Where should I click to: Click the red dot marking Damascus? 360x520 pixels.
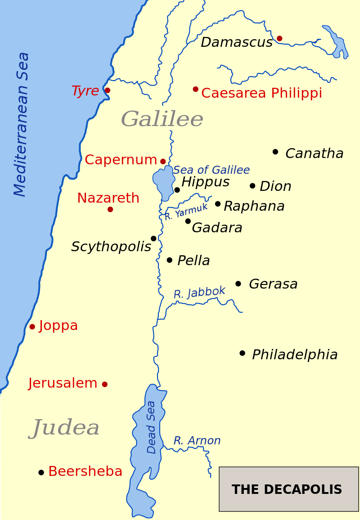(x=279, y=38)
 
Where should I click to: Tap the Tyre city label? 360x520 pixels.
(x=85, y=91)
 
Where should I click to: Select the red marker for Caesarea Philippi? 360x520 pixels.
(x=195, y=89)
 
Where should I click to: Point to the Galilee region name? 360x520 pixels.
(x=162, y=119)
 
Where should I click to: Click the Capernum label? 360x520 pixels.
(x=121, y=160)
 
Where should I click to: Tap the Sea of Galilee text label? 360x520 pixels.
(x=211, y=170)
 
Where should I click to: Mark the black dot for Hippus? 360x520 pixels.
(x=177, y=190)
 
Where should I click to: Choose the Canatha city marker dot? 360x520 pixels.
(x=275, y=152)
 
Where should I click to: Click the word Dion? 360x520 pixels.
(x=275, y=186)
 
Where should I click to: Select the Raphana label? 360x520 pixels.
(x=254, y=206)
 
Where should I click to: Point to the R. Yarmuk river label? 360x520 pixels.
(x=186, y=212)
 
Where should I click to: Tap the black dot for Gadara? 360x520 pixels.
(x=188, y=221)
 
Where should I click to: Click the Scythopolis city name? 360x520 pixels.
(x=111, y=247)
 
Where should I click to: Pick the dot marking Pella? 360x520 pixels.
(x=170, y=260)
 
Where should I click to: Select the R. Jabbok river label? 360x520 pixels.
(x=199, y=293)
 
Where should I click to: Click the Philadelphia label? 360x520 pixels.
(x=295, y=355)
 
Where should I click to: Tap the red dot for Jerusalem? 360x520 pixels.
(x=105, y=384)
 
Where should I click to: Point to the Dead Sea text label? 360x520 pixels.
(x=152, y=427)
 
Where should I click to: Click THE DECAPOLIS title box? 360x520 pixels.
(x=288, y=489)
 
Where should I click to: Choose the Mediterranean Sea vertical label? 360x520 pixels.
(x=21, y=124)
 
